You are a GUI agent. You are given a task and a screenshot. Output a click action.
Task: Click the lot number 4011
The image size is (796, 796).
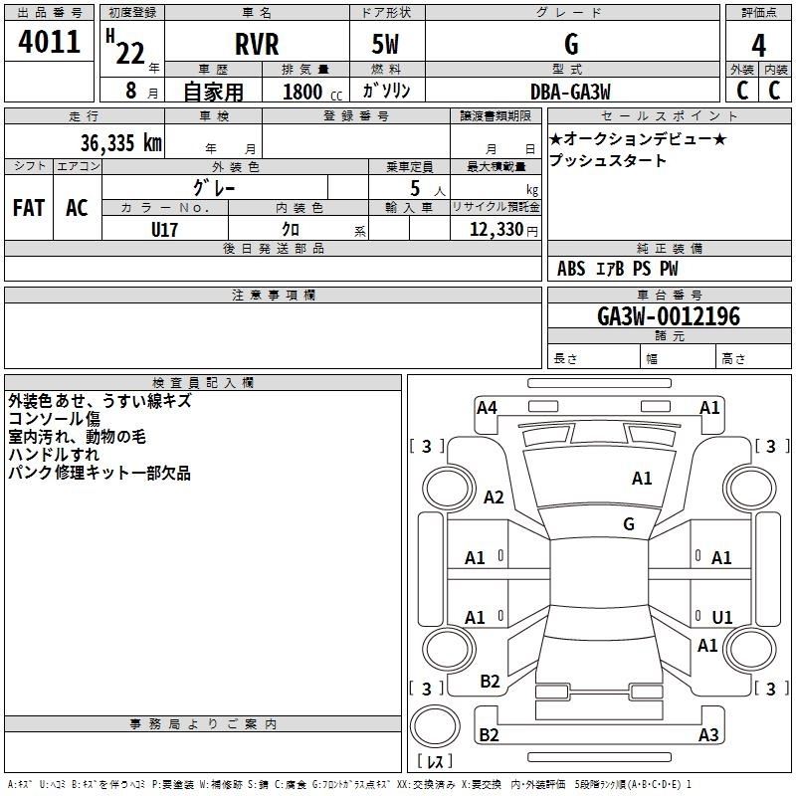[49, 41]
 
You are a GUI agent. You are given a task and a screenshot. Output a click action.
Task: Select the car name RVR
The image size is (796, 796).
[257, 44]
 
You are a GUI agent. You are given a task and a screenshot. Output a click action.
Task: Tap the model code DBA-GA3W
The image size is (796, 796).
[570, 92]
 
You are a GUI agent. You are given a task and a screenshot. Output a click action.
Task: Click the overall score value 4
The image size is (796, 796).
[758, 46]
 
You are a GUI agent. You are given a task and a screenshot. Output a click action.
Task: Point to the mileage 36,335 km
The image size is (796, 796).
[120, 142]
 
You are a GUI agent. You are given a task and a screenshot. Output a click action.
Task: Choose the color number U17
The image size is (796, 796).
[164, 230]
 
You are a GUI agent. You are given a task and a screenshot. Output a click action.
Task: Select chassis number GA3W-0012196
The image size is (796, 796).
[669, 316]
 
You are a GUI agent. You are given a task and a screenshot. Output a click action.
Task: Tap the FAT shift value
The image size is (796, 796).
[29, 208]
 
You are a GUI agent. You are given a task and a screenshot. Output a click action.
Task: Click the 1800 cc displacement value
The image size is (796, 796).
[312, 92]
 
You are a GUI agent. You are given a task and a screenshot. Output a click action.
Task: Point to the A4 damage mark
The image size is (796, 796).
[487, 408]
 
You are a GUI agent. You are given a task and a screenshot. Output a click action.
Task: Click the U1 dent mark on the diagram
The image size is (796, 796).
[722, 617]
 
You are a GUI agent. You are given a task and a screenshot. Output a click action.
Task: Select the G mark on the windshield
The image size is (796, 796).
[629, 523]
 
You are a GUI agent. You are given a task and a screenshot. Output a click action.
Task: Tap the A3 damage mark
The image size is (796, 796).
[708, 734]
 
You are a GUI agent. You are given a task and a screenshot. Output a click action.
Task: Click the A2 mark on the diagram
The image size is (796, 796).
[494, 497]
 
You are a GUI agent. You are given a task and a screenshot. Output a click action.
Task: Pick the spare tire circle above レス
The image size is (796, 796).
[435, 726]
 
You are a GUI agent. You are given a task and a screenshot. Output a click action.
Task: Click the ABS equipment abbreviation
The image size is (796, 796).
[571, 269]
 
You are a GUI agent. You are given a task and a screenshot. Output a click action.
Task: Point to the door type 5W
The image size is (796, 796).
[385, 44]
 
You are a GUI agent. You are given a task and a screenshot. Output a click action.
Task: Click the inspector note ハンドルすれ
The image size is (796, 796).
[54, 455]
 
